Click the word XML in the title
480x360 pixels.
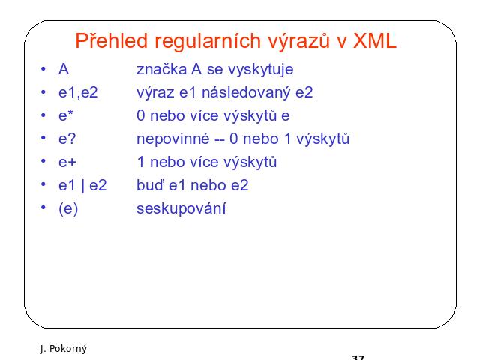tap(375, 40)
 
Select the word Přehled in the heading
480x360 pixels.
tap(112, 40)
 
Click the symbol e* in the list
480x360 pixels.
tap(66, 115)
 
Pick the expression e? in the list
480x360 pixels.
tap(67, 139)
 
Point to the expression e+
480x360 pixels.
tap(67, 162)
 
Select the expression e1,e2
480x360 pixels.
tap(78, 92)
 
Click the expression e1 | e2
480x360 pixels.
tap(82, 185)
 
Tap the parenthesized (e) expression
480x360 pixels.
tap(68, 209)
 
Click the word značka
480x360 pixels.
tap(161, 69)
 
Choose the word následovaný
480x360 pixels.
tap(246, 93)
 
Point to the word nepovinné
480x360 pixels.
tap(173, 139)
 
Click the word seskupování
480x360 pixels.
tap(181, 209)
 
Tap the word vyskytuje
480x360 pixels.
tap(260, 70)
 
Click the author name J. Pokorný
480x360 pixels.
tap(63, 349)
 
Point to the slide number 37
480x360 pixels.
tap(358, 358)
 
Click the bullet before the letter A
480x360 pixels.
tap(43, 68)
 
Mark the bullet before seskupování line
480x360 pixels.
tap(43, 208)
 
